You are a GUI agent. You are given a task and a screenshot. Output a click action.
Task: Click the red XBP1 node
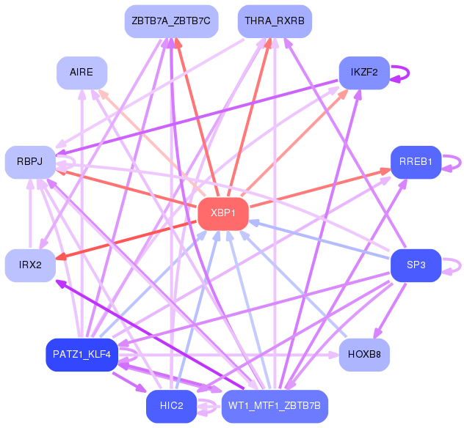click(x=223, y=213)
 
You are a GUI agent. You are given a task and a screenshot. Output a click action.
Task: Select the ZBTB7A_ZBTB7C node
click(x=170, y=21)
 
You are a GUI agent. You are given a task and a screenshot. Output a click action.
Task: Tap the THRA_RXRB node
click(x=275, y=21)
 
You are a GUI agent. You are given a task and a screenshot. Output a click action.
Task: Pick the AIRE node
click(x=81, y=73)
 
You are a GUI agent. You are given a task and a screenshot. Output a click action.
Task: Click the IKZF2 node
click(x=363, y=73)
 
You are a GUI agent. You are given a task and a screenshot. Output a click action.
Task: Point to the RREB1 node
click(x=416, y=162)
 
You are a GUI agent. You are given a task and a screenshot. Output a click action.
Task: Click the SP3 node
click(x=416, y=265)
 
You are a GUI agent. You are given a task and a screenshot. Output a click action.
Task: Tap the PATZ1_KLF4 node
click(x=81, y=355)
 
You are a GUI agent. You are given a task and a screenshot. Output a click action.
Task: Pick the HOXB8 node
click(x=364, y=355)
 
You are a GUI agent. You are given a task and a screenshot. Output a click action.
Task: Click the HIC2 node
click(x=170, y=406)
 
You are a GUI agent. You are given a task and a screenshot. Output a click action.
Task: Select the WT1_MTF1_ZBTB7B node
click(x=275, y=406)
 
